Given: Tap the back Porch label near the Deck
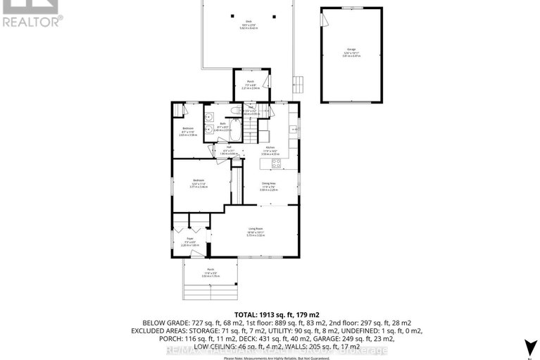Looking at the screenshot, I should pos(251,85).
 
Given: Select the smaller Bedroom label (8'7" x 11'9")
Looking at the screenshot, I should pos(187,130).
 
